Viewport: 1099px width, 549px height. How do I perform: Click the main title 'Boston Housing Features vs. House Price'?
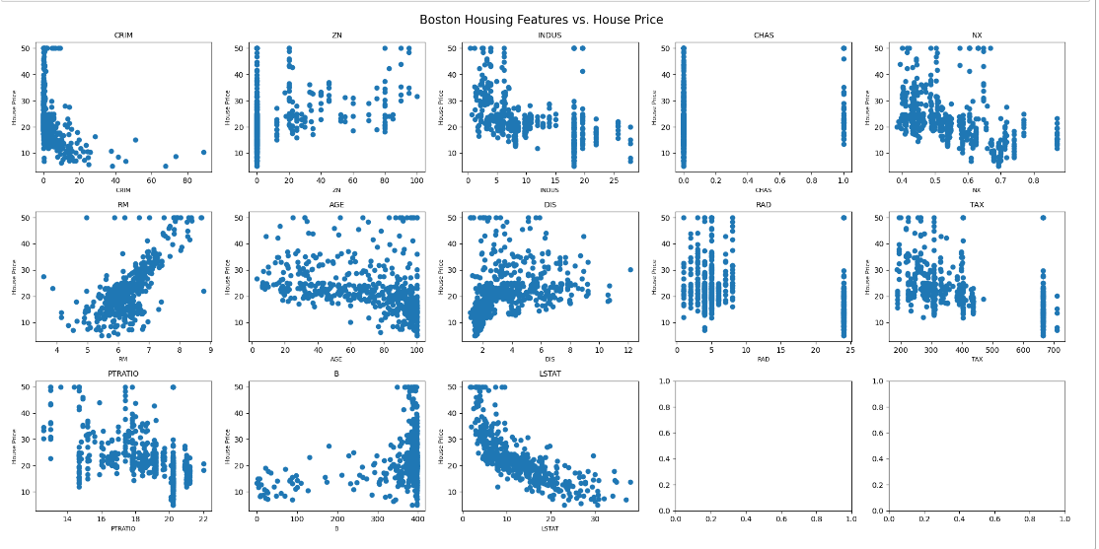click(x=541, y=20)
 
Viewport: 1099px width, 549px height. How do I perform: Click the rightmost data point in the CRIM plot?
click(x=203, y=152)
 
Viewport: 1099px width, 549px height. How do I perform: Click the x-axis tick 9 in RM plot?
click(x=211, y=351)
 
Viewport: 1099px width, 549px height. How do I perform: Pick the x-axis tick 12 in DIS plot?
click(x=628, y=351)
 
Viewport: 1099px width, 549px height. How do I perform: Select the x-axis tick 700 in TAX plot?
click(x=1054, y=351)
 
